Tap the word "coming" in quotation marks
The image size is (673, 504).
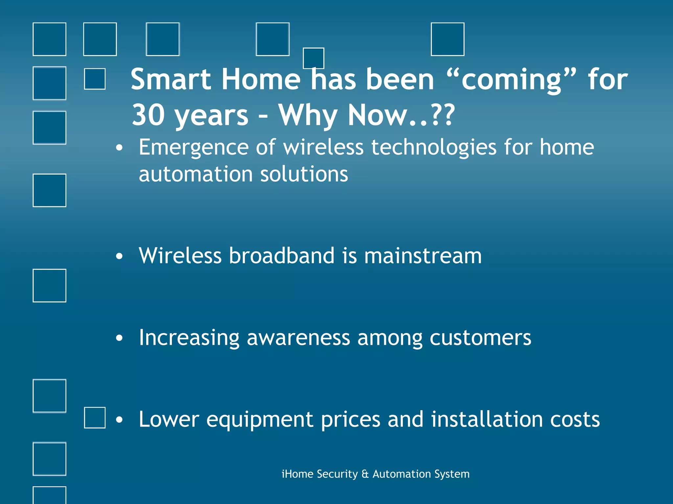pyautogui.click(x=511, y=80)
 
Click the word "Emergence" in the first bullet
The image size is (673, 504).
pyautogui.click(x=194, y=147)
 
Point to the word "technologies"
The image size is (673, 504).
pyautogui.click(x=434, y=147)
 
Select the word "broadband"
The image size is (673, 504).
pyautogui.click(x=281, y=256)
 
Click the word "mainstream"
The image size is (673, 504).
pyautogui.click(x=423, y=256)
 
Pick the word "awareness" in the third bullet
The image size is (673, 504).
pyautogui.click(x=298, y=338)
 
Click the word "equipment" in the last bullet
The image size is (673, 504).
pyautogui.click(x=260, y=420)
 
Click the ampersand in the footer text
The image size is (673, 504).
pyautogui.click(x=365, y=474)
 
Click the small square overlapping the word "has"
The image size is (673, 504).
pyautogui.click(x=313, y=58)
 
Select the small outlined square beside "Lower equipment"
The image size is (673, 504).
pyautogui.click(x=95, y=418)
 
